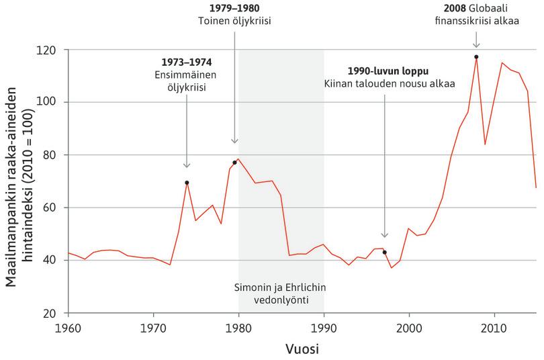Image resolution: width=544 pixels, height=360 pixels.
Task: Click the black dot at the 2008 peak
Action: (x=476, y=57)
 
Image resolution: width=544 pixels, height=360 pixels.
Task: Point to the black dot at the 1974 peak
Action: (x=187, y=183)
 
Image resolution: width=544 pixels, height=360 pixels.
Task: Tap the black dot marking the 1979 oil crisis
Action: (x=234, y=162)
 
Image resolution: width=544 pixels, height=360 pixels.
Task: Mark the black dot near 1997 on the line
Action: (x=384, y=252)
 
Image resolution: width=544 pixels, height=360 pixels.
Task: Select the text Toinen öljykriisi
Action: (x=235, y=20)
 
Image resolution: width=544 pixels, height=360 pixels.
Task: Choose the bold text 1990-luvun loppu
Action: (x=388, y=71)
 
